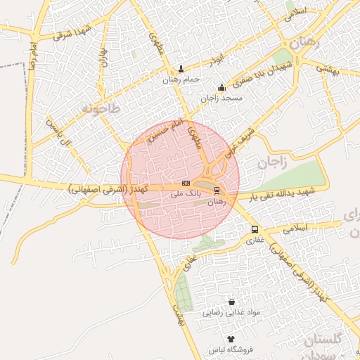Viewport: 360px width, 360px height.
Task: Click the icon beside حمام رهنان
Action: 181,70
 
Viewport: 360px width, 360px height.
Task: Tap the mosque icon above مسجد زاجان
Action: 222,88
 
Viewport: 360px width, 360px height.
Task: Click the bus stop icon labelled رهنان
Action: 217,191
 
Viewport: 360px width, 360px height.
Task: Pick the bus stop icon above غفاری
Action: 255,229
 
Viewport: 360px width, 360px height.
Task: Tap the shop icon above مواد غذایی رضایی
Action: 232,302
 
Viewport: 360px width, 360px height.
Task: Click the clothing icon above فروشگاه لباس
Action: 231,339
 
